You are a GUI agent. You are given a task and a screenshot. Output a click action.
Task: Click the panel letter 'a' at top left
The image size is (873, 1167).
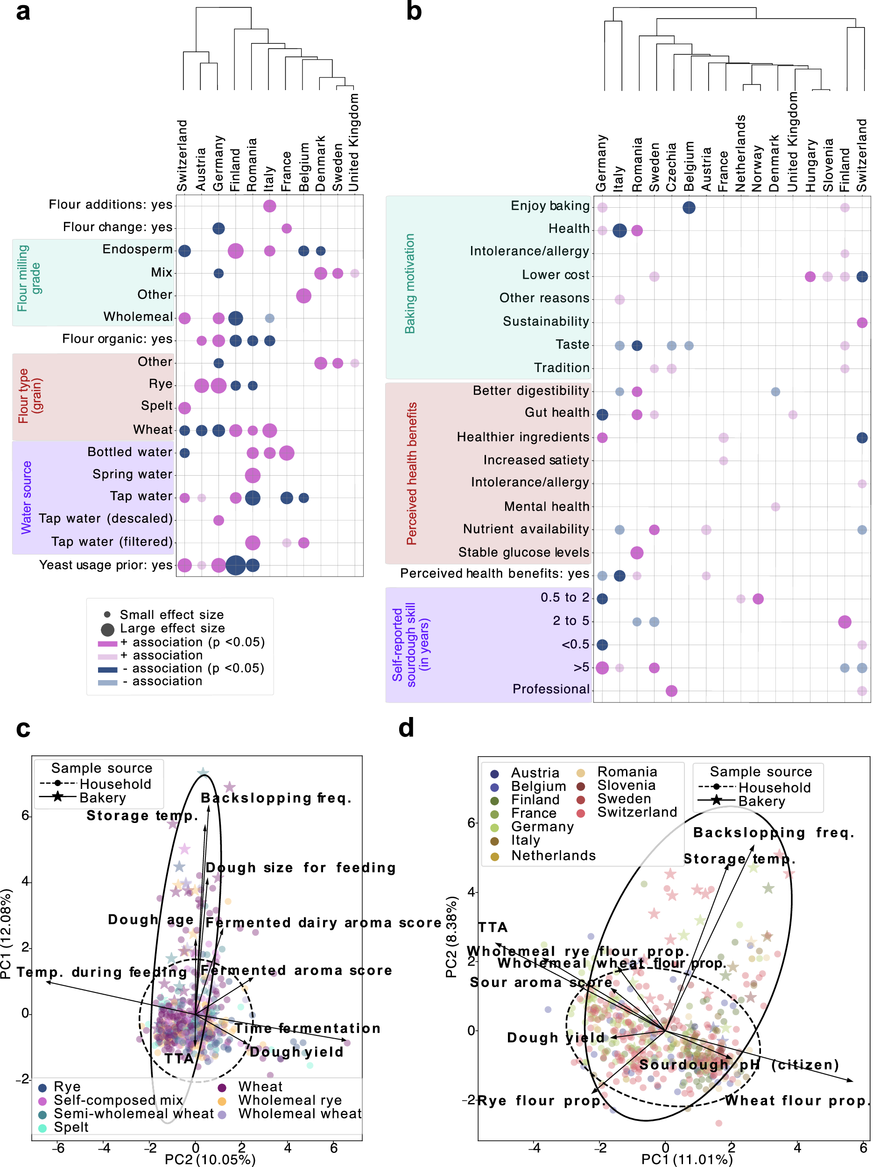23,12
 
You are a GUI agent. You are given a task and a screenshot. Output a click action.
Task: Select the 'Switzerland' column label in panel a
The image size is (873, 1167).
182,155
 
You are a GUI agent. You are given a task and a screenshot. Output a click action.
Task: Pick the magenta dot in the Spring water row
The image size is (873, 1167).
253,475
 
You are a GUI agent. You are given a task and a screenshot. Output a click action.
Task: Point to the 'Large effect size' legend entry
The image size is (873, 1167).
172,628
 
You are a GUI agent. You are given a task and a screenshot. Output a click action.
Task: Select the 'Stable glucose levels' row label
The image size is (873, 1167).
523,552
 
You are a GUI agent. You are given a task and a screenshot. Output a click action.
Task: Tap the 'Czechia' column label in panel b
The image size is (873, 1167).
671,167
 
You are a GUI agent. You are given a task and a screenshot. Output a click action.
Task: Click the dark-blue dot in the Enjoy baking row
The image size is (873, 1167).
689,207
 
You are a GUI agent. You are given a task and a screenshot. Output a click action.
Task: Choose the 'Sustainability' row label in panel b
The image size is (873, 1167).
545,321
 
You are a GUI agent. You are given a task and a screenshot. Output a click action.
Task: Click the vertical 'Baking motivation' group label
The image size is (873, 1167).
409,283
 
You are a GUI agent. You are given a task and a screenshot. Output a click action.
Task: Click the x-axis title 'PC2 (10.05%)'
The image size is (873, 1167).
210,1159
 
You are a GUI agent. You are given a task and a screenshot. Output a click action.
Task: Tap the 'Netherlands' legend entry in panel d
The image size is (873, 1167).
553,855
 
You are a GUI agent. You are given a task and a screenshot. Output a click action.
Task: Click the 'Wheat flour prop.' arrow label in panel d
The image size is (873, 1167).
796,1101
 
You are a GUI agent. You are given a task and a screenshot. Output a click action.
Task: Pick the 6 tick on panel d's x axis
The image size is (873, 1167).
863,1147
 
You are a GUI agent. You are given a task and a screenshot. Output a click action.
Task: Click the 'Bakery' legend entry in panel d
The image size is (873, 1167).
761,801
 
